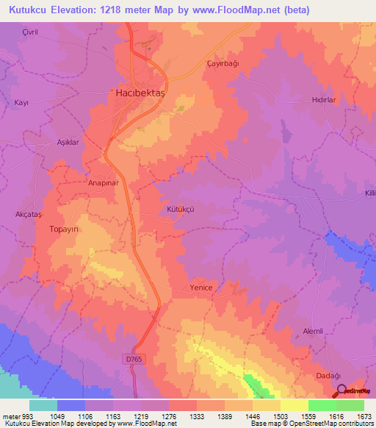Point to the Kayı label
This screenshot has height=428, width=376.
click(21, 103)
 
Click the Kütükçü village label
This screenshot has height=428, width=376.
click(181, 210)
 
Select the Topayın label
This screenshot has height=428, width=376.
click(63, 229)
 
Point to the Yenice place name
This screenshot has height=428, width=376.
click(200, 288)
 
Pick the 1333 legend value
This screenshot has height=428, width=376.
click(197, 417)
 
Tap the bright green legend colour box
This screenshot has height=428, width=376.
click(322, 405)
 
